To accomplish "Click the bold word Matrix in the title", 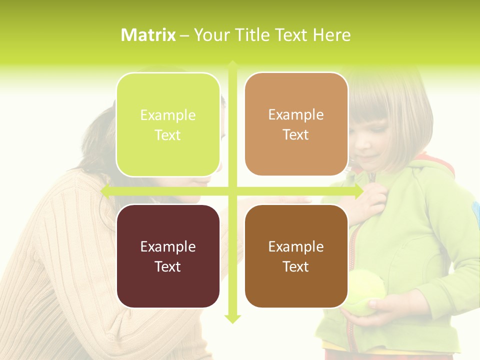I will pyautogui.click(x=148, y=35).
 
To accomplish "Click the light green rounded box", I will pyautogui.click(x=168, y=124).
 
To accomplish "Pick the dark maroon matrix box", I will pyautogui.click(x=168, y=256).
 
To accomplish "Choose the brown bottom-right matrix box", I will pyautogui.click(x=296, y=256).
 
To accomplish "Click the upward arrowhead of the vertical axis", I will pyautogui.click(x=232, y=64).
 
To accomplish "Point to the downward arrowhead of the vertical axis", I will pyautogui.click(x=232, y=318).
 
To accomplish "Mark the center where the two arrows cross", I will pyautogui.click(x=232, y=191).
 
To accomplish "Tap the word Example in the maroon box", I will pyautogui.click(x=168, y=246).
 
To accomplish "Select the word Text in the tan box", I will pyautogui.click(x=296, y=135).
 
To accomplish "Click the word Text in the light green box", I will pyautogui.click(x=168, y=135).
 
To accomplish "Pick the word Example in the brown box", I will pyautogui.click(x=296, y=246).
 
